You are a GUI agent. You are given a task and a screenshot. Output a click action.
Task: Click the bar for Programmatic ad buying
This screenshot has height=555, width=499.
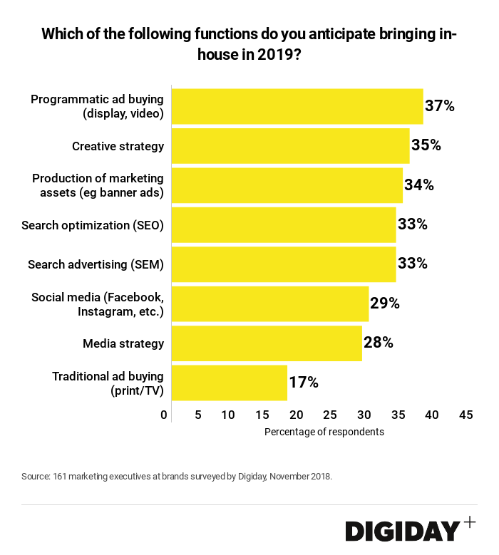[x=297, y=106]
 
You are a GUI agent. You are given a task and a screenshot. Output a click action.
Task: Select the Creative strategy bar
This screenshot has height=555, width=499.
[x=290, y=146]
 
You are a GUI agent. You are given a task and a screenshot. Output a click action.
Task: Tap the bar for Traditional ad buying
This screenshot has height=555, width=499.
[x=229, y=383]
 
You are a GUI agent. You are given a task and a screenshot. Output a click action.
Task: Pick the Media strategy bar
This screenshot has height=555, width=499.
[x=267, y=343]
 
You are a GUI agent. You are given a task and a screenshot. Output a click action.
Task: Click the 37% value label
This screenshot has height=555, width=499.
[x=439, y=106]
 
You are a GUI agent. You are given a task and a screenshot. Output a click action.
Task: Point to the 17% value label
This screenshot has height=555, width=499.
[x=303, y=383]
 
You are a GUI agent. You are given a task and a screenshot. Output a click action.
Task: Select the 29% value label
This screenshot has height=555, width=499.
[x=384, y=304]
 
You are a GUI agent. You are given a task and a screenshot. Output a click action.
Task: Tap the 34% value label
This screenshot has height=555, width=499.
[x=418, y=185]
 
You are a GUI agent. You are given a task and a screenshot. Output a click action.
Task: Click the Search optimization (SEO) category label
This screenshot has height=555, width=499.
[x=93, y=225]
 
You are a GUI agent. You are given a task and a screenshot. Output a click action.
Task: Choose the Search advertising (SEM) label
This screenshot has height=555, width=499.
[x=96, y=264]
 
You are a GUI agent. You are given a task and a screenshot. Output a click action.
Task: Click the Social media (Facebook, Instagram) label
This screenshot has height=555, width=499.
[x=98, y=304]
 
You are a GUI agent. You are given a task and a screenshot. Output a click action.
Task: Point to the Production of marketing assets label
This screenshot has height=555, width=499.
[x=98, y=185]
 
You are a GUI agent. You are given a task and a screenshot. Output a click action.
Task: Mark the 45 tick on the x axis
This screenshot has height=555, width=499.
[x=466, y=415]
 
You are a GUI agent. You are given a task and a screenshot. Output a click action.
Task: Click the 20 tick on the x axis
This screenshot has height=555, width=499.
[x=296, y=415]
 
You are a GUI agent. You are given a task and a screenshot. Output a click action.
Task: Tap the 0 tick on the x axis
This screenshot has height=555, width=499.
[x=165, y=415]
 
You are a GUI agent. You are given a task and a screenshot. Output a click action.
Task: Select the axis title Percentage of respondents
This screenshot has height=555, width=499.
[x=324, y=432]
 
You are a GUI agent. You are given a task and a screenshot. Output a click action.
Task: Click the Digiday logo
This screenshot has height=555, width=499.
[x=403, y=531]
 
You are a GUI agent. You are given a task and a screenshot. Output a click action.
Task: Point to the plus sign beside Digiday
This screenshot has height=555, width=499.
[x=469, y=522]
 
